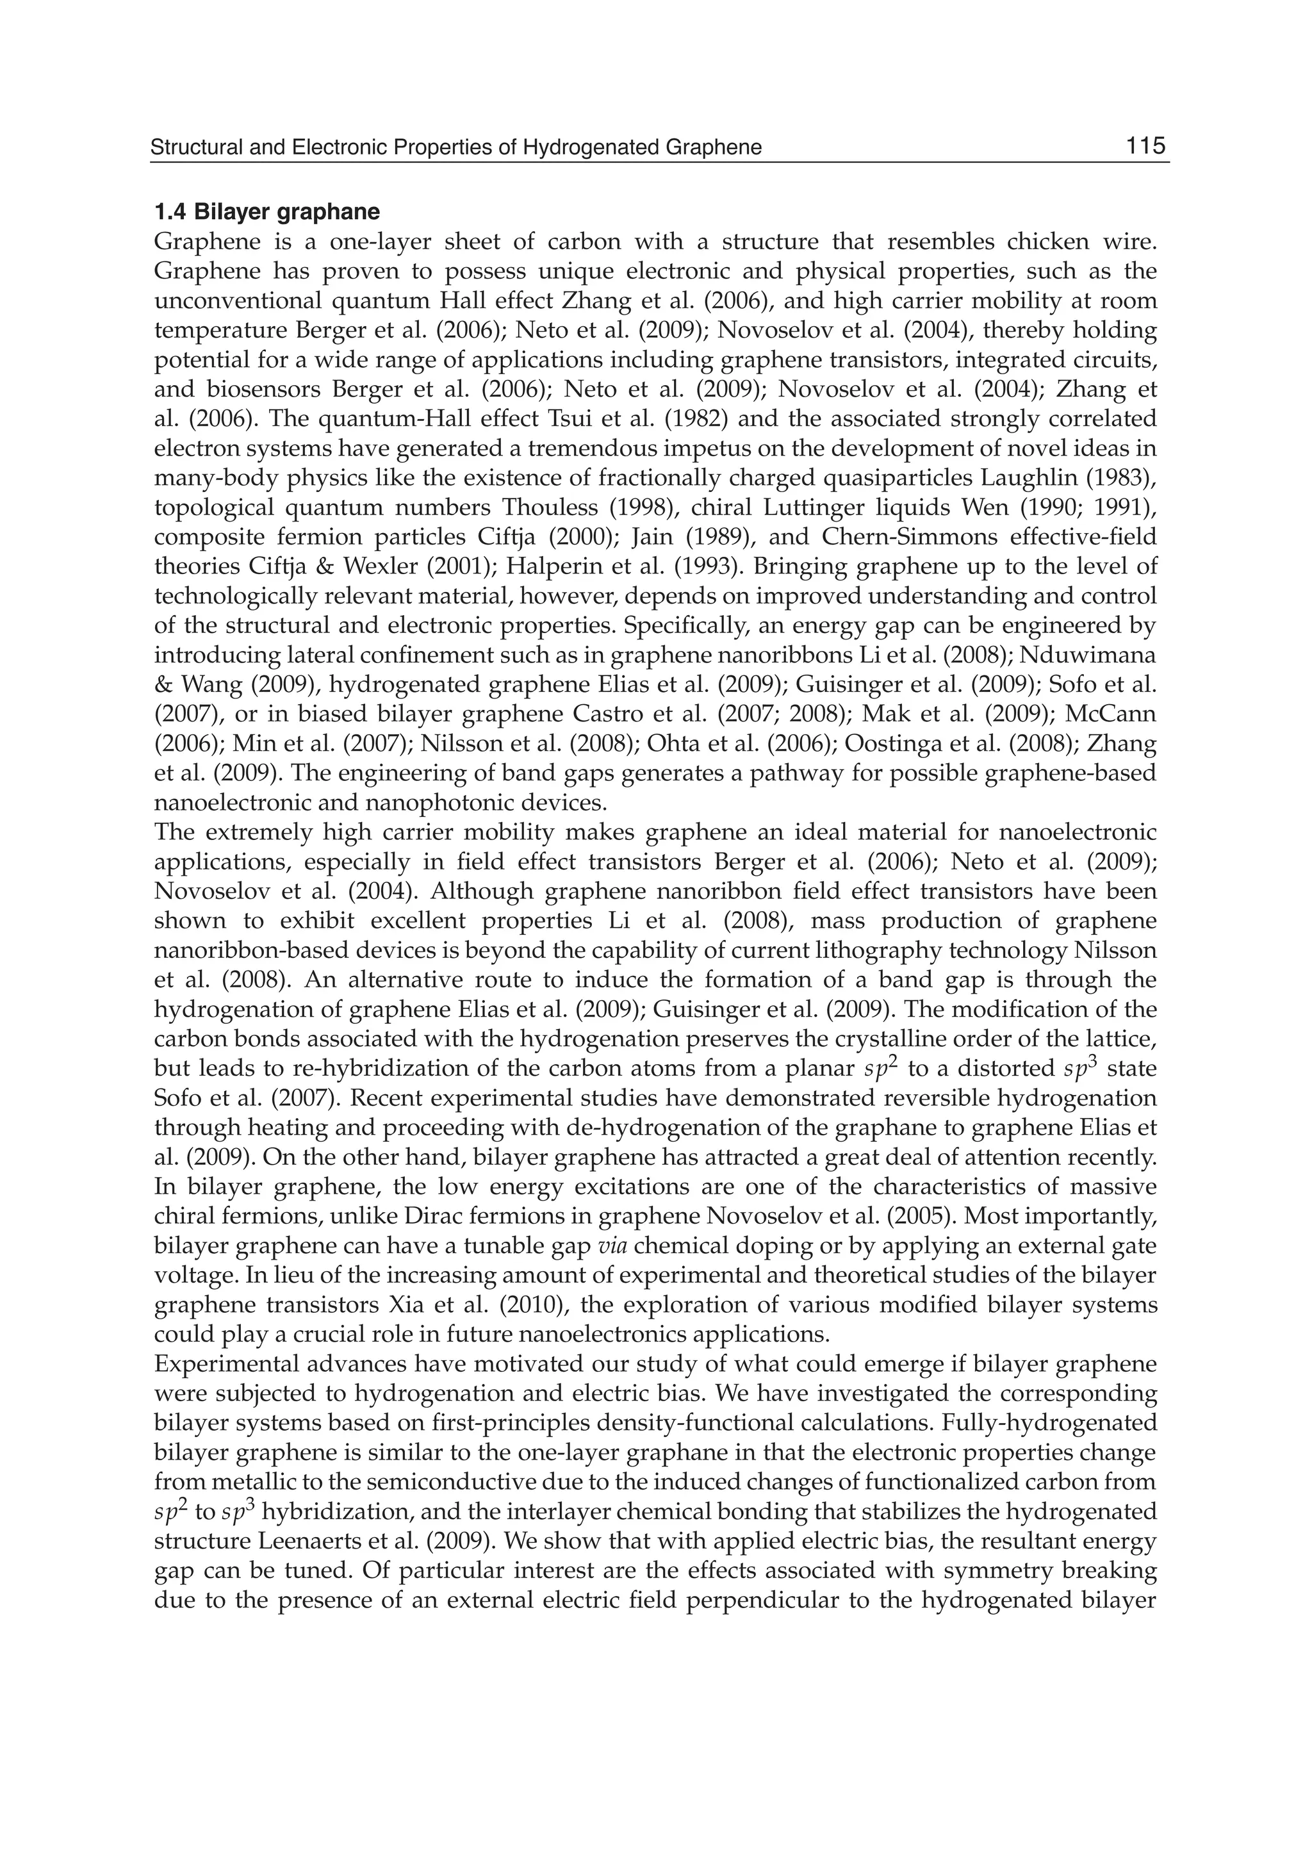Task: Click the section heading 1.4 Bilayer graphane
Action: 266,213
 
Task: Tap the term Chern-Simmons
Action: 903,538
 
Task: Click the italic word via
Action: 613,1246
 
